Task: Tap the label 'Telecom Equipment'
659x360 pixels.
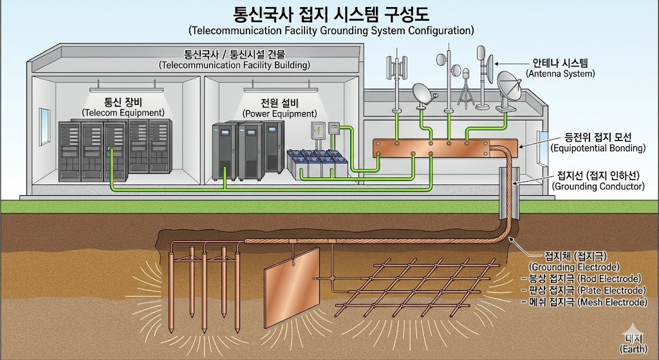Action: point(123,113)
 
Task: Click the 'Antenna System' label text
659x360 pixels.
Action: point(560,73)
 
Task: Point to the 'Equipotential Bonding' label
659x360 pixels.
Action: point(598,148)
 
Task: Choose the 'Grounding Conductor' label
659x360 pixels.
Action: point(598,186)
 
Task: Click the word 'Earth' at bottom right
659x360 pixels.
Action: point(633,348)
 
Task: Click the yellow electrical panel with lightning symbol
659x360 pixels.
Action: point(317,131)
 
